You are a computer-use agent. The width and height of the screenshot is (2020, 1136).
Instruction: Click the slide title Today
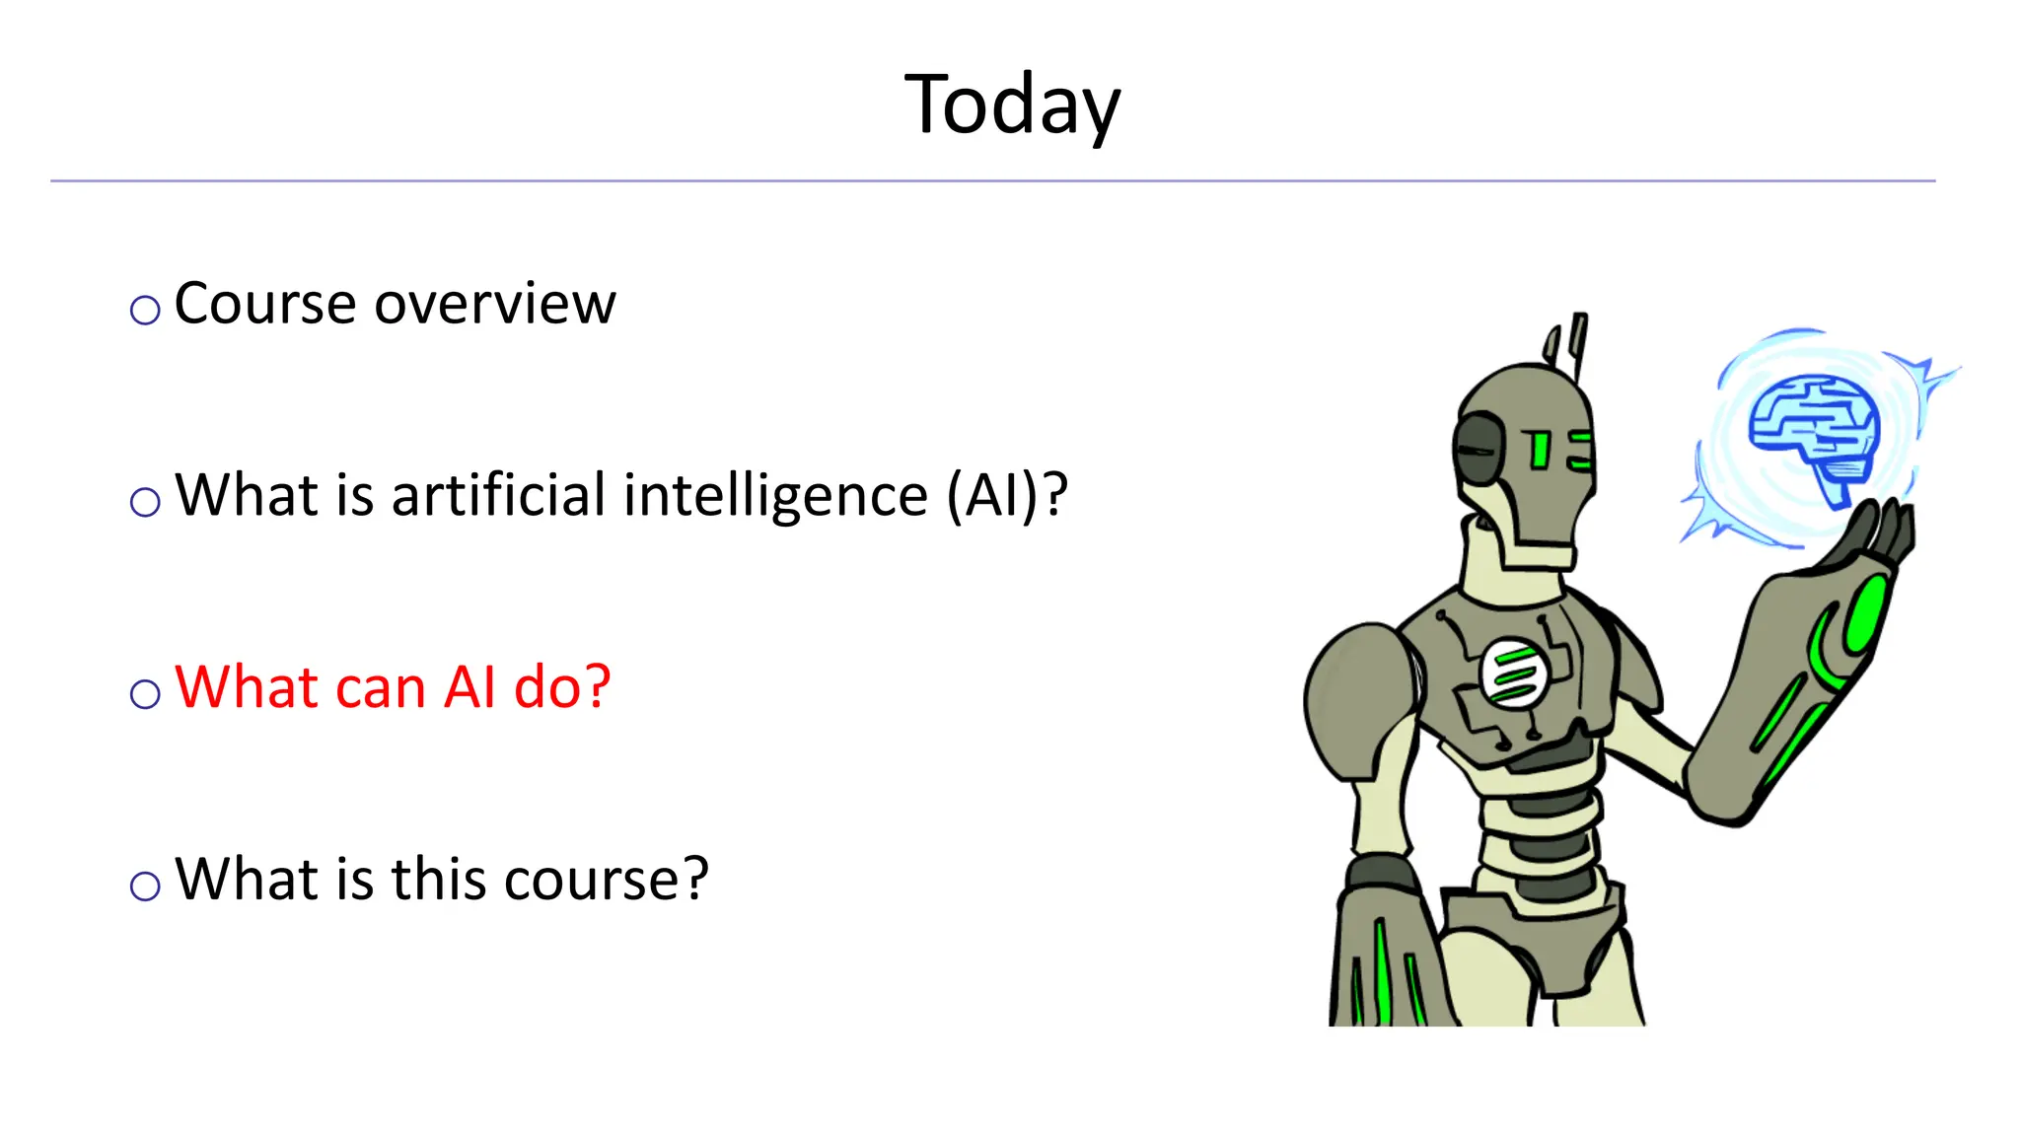[x=1012, y=106]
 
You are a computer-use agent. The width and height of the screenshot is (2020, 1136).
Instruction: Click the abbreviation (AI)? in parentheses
[x=1006, y=495]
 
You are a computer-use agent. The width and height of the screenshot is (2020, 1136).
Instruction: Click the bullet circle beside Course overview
[x=145, y=311]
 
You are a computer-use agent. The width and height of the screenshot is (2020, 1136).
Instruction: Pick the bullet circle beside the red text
[x=145, y=694]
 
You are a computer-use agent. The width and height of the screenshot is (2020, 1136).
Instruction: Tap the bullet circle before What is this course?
[x=145, y=886]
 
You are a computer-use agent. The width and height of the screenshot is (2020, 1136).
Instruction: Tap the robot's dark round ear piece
[x=1478, y=449]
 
